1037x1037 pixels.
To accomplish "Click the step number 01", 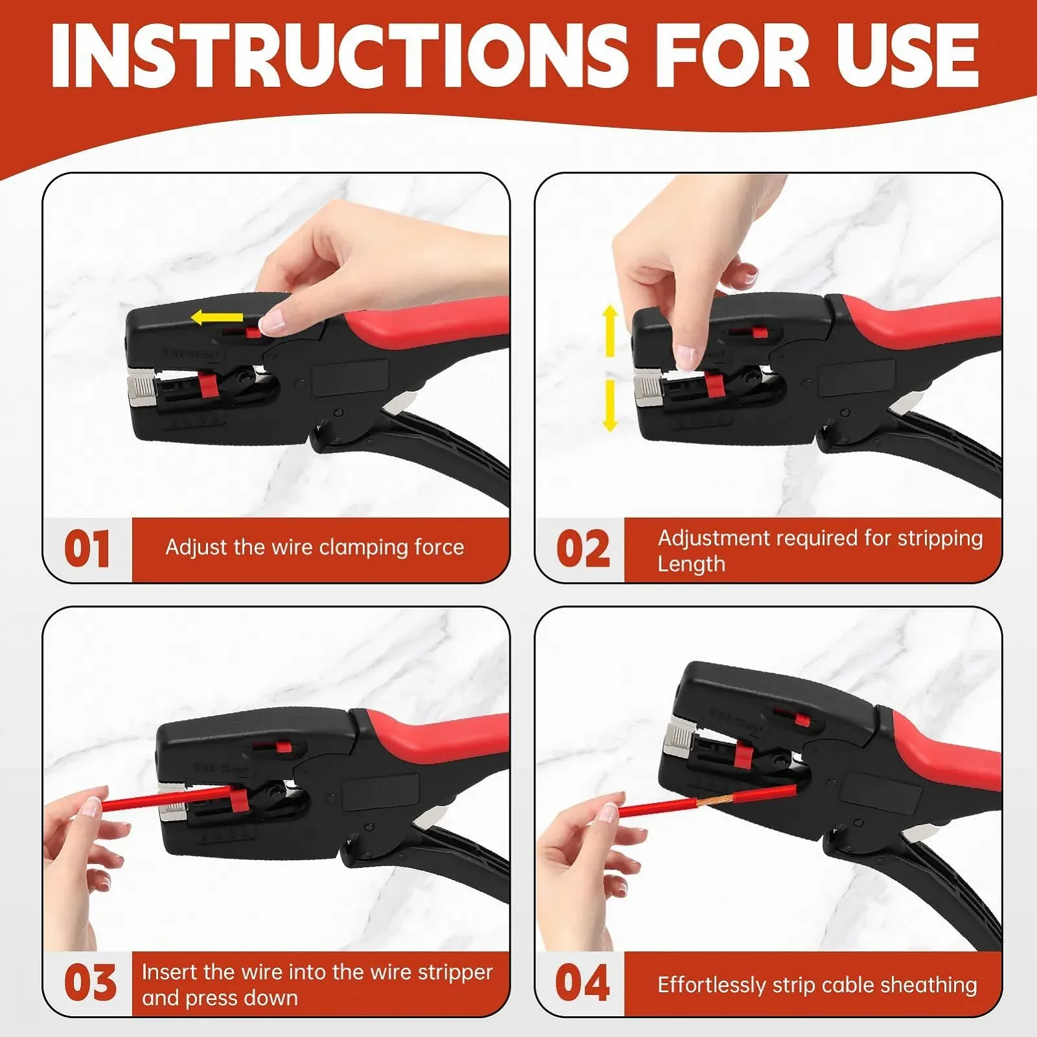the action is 87,548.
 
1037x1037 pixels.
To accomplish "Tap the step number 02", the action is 583,548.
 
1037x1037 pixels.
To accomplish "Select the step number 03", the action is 90,983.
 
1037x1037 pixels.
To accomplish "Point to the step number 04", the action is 583,983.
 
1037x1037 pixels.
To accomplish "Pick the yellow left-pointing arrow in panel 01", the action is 217,318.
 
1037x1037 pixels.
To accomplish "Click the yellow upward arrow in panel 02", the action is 610,331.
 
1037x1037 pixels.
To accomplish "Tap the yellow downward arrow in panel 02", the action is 610,406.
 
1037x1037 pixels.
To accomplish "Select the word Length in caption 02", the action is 691,565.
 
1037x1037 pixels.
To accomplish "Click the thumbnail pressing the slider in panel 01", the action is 273,321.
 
